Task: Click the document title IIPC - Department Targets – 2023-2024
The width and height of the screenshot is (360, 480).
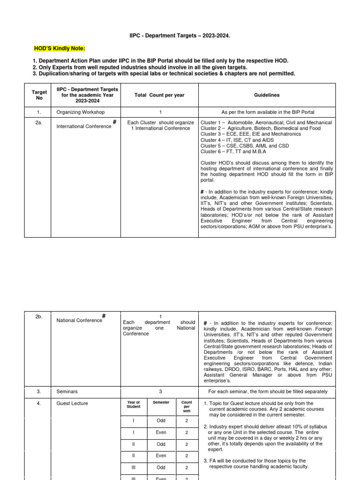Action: click(180, 35)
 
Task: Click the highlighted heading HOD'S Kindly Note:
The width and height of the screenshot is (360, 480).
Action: click(60, 49)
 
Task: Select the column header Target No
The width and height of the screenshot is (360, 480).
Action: click(38, 95)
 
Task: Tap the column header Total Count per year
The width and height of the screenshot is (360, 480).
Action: click(159, 95)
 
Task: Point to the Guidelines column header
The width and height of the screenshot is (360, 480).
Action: click(267, 95)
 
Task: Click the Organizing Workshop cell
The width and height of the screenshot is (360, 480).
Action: click(81, 112)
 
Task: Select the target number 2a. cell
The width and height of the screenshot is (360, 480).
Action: click(38, 122)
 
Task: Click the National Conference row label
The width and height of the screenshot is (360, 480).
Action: click(79, 321)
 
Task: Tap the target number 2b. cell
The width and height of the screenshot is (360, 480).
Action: click(38, 317)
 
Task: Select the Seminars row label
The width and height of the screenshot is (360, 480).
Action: click(67, 391)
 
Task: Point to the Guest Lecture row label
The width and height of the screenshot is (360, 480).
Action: click(72, 403)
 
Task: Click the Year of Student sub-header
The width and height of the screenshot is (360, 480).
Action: click(133, 405)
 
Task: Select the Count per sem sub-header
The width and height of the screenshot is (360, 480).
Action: click(187, 406)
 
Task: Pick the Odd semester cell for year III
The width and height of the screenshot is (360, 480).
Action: click(161, 467)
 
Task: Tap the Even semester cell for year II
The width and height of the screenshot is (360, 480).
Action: click(161, 455)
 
